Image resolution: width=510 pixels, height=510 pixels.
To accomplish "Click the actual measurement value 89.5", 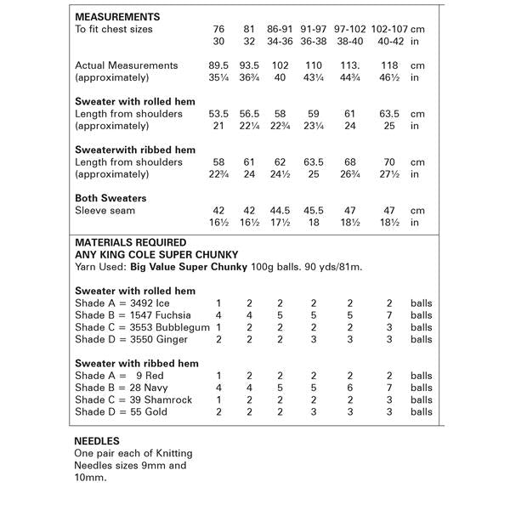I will (219, 65).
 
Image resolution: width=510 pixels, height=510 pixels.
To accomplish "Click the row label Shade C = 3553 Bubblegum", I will (141, 327).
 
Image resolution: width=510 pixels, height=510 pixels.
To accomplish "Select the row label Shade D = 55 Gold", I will (121, 412).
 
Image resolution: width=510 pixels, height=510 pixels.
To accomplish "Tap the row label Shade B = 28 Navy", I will (122, 388).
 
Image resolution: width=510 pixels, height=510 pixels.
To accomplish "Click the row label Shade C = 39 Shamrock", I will (133, 399).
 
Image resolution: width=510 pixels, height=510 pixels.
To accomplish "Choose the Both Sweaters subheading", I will (111, 198).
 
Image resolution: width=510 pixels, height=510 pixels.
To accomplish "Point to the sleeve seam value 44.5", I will (280, 210).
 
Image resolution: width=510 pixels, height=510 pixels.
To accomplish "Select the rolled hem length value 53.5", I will (219, 114).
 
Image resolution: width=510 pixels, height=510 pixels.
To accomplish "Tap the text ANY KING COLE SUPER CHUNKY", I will (156, 254).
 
